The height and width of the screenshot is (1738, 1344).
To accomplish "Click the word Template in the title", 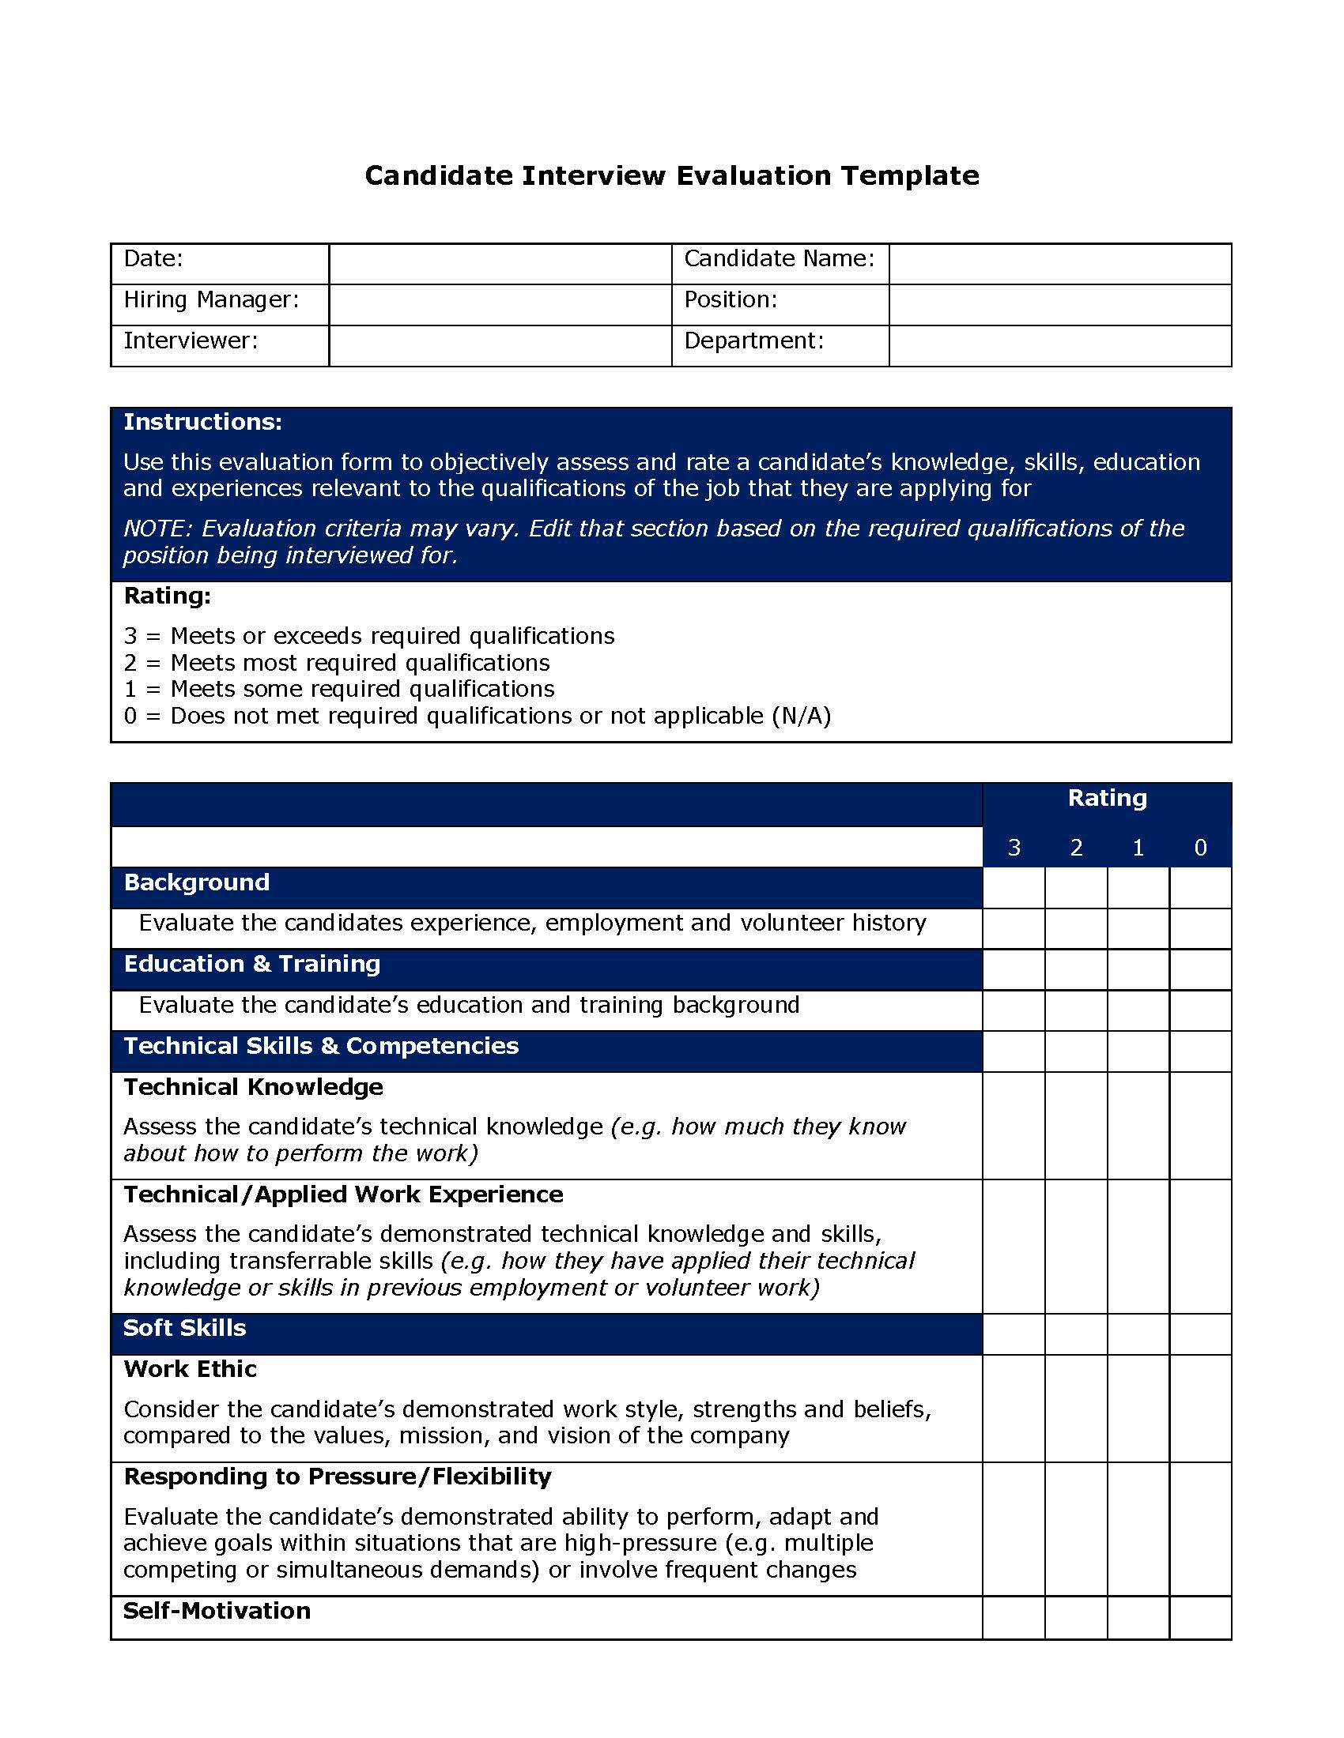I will click(909, 175).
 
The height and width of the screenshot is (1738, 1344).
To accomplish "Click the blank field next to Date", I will click(499, 263).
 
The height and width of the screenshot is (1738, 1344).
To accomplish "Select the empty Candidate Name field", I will click(1059, 263).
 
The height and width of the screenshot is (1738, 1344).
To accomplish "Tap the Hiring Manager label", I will click(211, 299).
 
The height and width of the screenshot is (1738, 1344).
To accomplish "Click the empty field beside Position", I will click(1059, 304).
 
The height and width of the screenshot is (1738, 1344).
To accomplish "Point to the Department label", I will click(753, 340).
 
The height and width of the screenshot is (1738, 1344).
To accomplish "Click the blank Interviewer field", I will click(499, 345).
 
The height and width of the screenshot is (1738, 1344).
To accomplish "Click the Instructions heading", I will click(202, 422).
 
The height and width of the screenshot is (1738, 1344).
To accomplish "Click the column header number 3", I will click(1013, 848).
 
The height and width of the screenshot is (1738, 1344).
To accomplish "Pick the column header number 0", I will click(1200, 848).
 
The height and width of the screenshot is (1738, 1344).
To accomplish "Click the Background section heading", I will click(197, 882).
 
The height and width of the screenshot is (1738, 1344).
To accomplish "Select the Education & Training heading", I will click(251, 964).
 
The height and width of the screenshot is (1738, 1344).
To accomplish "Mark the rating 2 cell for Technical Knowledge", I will click(1076, 1125).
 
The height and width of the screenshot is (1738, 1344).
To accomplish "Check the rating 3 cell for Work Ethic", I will click(1013, 1408).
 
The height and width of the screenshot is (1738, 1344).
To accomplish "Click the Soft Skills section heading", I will click(184, 1327).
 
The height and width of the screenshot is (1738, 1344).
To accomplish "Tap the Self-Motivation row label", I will click(217, 1611).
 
